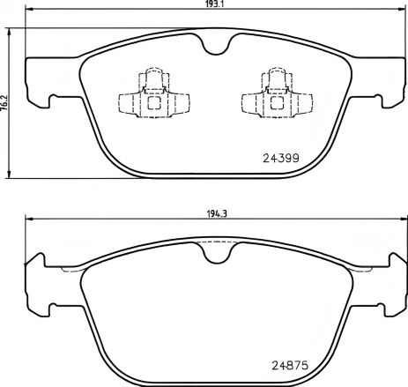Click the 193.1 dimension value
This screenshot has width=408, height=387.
click(x=208, y=4)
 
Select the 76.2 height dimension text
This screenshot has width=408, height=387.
click(x=4, y=102)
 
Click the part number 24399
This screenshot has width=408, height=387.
click(x=282, y=159)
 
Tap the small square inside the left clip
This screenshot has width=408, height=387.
click(x=153, y=100)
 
